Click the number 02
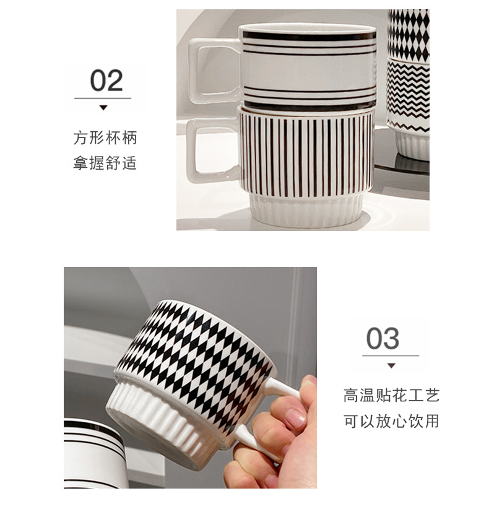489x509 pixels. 106,81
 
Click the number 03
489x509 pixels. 383,339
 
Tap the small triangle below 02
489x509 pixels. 103,108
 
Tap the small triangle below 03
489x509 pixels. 391,365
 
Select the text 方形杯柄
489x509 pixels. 105,138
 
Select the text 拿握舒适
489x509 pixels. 105,164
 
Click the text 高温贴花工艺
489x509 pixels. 391,395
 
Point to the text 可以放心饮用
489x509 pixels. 391,421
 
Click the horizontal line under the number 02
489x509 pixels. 103,98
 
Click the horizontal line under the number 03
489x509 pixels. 391,356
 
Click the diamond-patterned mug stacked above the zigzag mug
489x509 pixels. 408,34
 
